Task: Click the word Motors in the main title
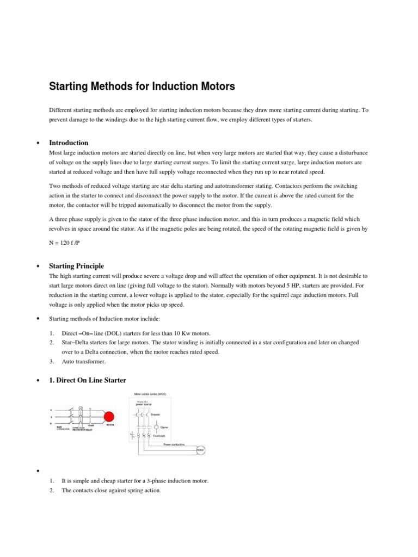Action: (213, 86)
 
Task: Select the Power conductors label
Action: (174, 444)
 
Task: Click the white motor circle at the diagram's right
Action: (200, 450)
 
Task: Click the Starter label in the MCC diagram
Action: (165, 428)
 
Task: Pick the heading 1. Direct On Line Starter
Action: (89, 380)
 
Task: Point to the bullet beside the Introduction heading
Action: (38, 143)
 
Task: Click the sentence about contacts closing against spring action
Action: (112, 490)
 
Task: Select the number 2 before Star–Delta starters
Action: (51, 342)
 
